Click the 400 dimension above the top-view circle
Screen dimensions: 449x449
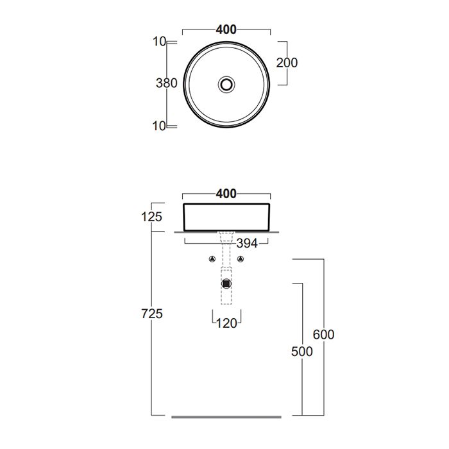point(226,30)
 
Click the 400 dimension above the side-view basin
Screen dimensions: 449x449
point(226,194)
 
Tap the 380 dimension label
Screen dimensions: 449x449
point(167,83)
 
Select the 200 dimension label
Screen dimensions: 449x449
point(287,63)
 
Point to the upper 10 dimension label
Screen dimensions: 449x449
point(159,42)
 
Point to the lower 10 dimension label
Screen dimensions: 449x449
point(159,126)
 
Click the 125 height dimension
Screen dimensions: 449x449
point(152,217)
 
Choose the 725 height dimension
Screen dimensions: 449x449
point(152,314)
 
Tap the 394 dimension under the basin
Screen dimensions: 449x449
point(247,244)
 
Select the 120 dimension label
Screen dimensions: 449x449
point(226,323)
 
